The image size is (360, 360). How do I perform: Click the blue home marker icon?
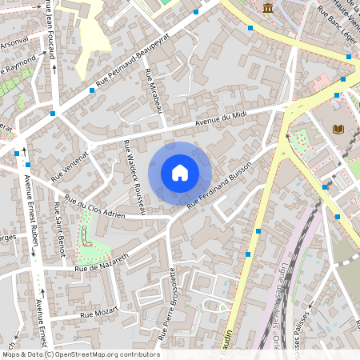point(180,173)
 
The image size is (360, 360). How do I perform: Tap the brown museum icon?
point(266,8)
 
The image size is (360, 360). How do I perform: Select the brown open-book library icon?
point(338,128)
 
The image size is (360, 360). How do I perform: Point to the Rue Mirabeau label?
point(152,90)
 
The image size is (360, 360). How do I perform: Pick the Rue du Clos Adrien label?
point(95,207)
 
